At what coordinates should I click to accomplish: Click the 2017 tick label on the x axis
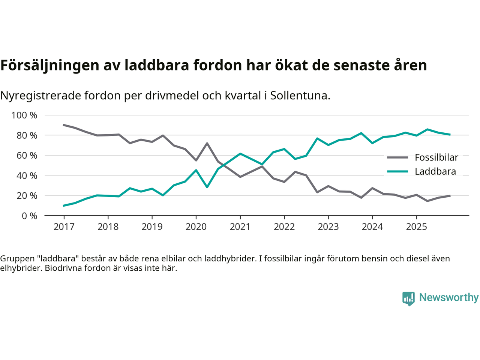click(64, 226)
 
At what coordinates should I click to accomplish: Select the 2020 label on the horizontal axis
click(196, 226)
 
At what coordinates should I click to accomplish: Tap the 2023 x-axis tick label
click(328, 226)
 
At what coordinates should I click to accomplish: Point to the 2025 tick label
click(416, 226)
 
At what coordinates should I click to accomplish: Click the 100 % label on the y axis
click(24, 115)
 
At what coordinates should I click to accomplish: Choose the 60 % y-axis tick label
click(27, 155)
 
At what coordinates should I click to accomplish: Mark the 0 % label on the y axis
click(29, 216)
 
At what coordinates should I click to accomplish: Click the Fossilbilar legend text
click(436, 157)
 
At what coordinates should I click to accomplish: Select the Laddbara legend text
click(435, 171)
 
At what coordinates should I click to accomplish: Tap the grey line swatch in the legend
click(397, 157)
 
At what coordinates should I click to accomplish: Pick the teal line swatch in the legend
click(397, 171)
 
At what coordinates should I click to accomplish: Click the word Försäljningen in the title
click(49, 65)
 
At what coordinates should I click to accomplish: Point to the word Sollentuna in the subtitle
click(300, 96)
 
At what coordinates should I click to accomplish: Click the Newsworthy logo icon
click(408, 298)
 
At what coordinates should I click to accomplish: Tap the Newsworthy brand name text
click(448, 297)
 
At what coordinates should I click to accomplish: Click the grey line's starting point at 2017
click(64, 125)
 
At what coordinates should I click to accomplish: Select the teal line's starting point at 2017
click(64, 205)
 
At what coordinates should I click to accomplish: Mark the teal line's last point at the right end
click(450, 135)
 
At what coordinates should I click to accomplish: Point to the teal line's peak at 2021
click(240, 154)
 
